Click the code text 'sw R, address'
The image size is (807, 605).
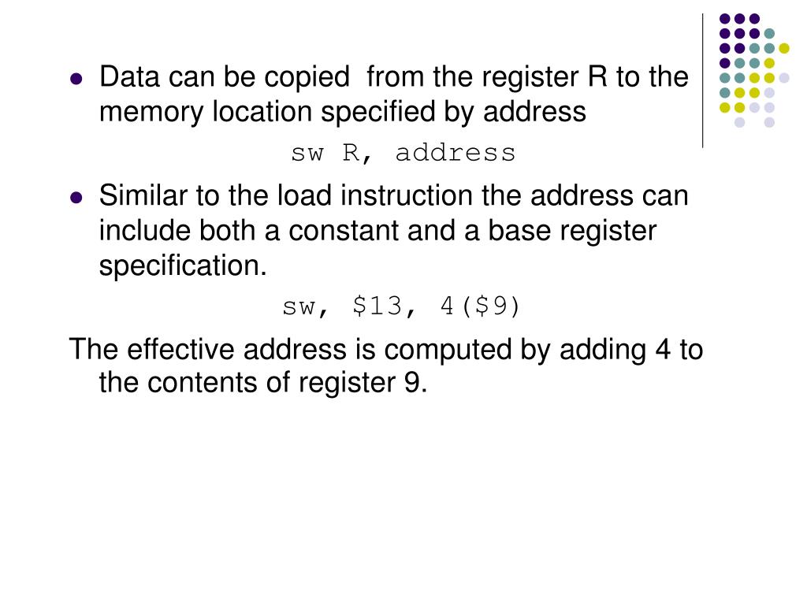click(403, 153)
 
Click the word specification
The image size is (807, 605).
click(183, 266)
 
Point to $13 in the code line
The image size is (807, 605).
click(378, 306)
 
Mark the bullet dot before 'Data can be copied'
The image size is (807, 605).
click(76, 79)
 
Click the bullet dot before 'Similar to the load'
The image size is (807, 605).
click(76, 198)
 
